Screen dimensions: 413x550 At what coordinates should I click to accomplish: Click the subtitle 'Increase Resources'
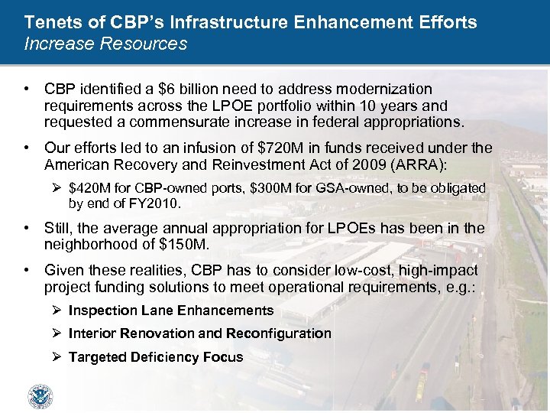pos(105,44)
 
